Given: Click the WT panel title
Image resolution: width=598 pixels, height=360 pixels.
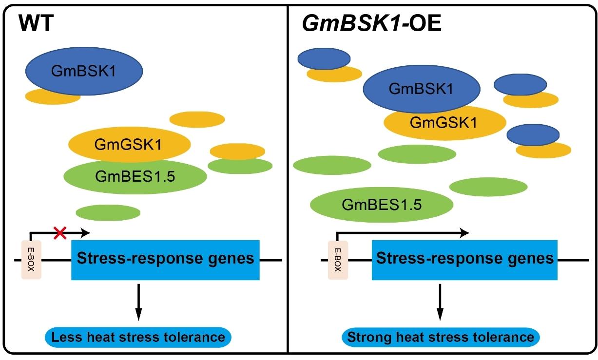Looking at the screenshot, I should (36, 24).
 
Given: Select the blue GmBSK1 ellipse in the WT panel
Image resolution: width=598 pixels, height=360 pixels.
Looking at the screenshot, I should (84, 72).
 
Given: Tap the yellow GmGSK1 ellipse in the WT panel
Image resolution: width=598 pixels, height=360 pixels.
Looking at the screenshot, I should (129, 144).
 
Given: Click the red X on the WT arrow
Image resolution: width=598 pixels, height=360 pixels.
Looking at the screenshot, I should (60, 233).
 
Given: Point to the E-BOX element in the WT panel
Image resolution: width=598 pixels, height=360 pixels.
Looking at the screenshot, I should (31, 260).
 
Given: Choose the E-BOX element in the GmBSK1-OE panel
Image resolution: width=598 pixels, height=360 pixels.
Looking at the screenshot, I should (336, 260).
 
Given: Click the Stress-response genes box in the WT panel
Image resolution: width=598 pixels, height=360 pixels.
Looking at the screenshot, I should (165, 259).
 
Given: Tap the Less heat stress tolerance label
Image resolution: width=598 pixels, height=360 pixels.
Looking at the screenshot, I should (138, 337).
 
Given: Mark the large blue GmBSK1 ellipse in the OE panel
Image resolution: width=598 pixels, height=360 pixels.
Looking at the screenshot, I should (422, 89).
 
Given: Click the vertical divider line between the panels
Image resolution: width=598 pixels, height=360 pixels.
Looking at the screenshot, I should (289, 180).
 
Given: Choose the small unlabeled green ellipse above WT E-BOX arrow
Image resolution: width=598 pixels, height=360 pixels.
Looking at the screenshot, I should (108, 212).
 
